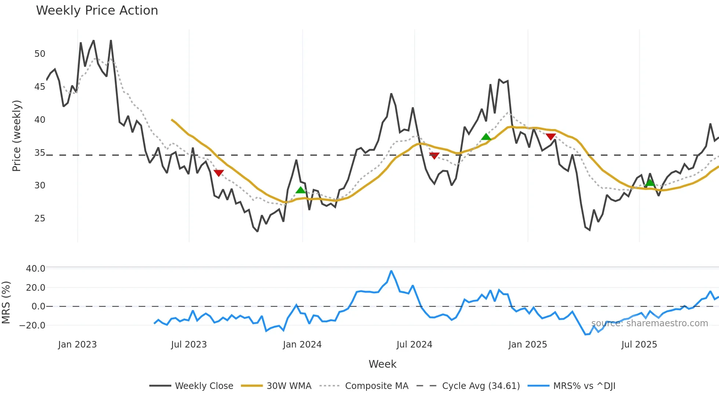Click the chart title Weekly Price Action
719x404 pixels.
coord(97,11)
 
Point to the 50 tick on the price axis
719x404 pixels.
coord(40,54)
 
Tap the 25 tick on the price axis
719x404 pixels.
coord(40,218)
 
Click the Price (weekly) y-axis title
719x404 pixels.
coord(17,136)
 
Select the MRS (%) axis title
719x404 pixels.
coord(6,302)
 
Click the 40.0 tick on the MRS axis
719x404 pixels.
coord(36,268)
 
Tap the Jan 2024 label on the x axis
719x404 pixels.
coord(302,345)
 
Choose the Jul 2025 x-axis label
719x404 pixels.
coord(639,345)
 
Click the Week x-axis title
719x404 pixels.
coord(382,364)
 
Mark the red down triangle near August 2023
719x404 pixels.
coord(219,173)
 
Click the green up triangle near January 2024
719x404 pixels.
coord(300,190)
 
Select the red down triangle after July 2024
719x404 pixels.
coord(434,156)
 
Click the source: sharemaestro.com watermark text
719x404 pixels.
coord(649,323)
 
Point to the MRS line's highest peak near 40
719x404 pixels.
coord(391,271)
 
